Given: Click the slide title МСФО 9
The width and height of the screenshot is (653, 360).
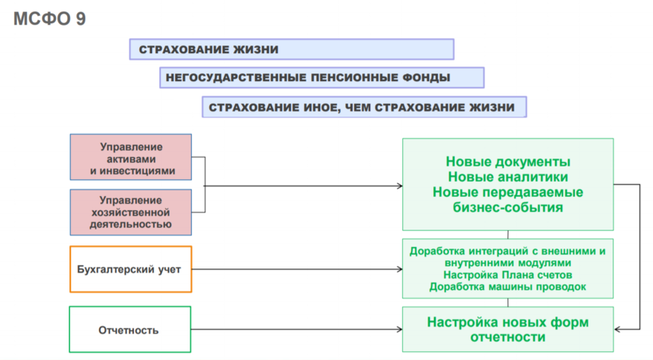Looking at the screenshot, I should pyautogui.click(x=50, y=18).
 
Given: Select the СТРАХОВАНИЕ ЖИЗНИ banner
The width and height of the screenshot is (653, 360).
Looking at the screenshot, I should pyautogui.click(x=291, y=49).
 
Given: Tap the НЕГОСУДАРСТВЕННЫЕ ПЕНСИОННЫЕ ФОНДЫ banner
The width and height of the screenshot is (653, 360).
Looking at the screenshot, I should pyautogui.click(x=322, y=78).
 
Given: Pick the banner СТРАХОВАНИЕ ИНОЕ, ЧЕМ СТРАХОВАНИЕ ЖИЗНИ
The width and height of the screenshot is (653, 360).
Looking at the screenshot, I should pyautogui.click(x=365, y=107).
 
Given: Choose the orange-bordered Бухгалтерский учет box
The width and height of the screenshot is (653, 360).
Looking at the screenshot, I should pyautogui.click(x=131, y=269).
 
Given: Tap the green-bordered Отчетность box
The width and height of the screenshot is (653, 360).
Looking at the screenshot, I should pyautogui.click(x=131, y=330).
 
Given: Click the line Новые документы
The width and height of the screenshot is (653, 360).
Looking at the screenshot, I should pyautogui.click(x=508, y=162).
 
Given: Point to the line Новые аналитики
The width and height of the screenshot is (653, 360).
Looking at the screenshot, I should pyautogui.click(x=508, y=177).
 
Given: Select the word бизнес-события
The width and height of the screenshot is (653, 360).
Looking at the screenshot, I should pyautogui.click(x=508, y=207).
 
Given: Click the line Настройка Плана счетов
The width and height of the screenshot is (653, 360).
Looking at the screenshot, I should pyautogui.click(x=508, y=274).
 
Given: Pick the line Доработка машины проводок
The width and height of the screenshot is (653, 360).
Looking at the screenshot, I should pyautogui.click(x=508, y=286).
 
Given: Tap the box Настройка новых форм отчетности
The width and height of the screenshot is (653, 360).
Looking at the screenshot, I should pyautogui.click(x=508, y=330).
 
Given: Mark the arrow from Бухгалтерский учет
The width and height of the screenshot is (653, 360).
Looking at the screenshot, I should pyautogui.click(x=295, y=269).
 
